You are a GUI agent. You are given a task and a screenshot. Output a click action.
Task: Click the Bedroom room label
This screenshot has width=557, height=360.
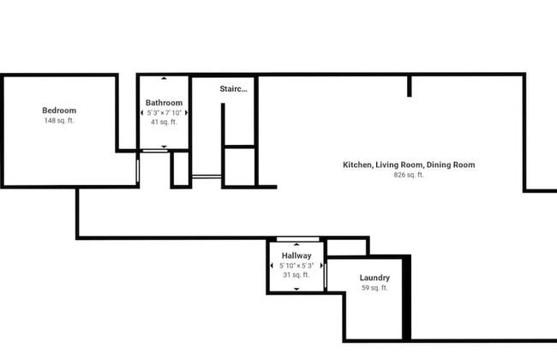[59, 111]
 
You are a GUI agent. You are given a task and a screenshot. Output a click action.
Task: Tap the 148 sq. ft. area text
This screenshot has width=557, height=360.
[59, 121]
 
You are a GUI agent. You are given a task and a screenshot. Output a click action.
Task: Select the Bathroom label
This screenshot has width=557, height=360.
[165, 103]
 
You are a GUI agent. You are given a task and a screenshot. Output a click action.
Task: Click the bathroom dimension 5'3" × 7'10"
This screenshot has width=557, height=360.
[165, 112]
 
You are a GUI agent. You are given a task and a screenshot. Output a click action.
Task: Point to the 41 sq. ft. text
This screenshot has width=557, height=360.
[164, 122]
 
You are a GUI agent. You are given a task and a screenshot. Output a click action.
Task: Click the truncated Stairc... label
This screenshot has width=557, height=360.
[233, 89]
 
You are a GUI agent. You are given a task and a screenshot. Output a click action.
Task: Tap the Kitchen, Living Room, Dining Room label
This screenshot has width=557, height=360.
[409, 165]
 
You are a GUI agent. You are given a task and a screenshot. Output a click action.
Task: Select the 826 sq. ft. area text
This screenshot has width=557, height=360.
[409, 175]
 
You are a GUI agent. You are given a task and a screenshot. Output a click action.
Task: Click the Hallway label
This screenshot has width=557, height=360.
[296, 255]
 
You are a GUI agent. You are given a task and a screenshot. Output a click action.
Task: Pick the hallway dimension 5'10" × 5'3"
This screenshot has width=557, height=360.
[296, 266]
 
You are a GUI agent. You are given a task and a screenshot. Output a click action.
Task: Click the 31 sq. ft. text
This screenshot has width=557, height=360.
[296, 274]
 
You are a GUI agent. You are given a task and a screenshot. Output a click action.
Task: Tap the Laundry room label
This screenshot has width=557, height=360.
[374, 278]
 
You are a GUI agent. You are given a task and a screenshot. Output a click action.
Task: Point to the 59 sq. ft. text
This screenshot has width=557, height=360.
[374, 287]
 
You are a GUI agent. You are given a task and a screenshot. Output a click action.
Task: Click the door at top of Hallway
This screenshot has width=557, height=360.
[297, 239]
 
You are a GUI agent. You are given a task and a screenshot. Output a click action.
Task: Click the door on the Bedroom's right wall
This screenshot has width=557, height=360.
[138, 171]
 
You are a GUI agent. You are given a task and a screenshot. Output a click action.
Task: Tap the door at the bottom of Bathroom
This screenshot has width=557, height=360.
[155, 151]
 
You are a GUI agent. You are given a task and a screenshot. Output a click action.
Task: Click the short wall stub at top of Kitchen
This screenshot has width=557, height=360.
[410, 86]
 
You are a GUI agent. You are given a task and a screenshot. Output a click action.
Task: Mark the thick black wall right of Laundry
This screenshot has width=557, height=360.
[407, 297]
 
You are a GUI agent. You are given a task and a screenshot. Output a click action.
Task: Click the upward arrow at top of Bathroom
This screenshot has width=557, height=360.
[164, 78]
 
